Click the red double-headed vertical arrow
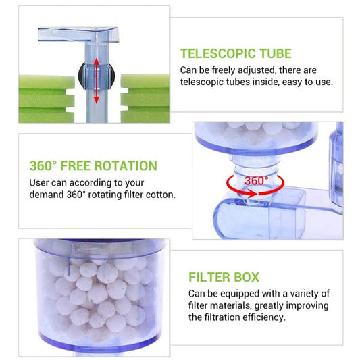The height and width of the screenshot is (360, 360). [96, 80]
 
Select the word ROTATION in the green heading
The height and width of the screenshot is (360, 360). [126, 165]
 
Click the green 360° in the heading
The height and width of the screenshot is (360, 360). [43, 165]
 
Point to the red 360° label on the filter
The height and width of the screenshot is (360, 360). [256, 181]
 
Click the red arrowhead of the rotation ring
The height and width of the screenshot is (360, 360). [253, 194]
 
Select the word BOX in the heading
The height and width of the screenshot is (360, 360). [246, 277]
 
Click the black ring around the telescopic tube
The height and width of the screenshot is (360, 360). [80, 75]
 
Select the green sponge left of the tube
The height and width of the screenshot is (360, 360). [47, 99]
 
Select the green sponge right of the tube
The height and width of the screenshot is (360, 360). [145, 99]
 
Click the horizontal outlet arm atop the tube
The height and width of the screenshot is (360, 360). [78, 34]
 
